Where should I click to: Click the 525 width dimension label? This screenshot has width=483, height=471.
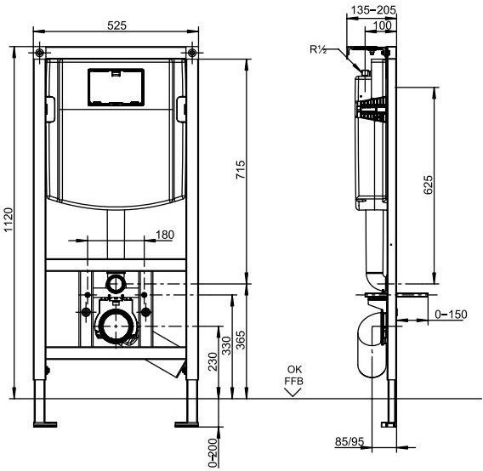[116, 26]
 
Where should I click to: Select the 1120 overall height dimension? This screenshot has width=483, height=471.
[9, 219]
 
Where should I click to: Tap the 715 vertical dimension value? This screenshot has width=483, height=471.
[241, 169]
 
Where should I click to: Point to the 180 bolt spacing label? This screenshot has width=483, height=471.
[165, 235]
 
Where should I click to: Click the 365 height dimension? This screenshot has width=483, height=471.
[241, 340]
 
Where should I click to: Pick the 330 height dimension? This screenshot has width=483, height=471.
[226, 346]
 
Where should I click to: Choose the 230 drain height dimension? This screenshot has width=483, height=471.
[213, 361]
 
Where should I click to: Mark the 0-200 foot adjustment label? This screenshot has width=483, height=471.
[213, 453]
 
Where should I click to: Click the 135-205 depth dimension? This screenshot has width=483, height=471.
[373, 10]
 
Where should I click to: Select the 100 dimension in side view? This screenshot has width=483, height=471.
[382, 26]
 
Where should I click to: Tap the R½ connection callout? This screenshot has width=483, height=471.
[318, 49]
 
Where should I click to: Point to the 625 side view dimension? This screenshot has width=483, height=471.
[429, 184]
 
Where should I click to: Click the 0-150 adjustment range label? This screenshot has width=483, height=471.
[451, 315]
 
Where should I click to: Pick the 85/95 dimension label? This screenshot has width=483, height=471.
[349, 441]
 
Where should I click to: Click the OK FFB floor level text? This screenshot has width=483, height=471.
[294, 375]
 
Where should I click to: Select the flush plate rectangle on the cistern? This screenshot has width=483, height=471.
[116, 88]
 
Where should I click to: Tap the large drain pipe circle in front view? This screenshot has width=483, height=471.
[116, 326]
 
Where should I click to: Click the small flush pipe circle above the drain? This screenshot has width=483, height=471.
[116, 283]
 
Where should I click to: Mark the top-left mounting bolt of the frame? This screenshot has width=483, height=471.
[39, 53]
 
